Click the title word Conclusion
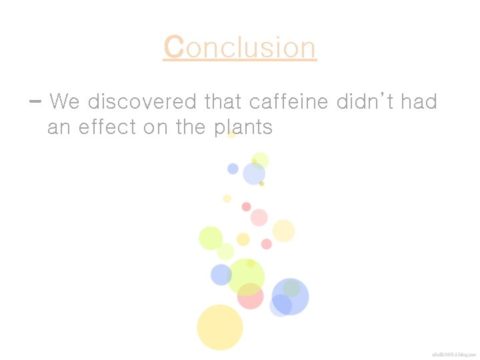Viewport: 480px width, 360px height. (x=240, y=48)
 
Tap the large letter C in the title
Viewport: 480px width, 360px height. (x=173, y=48)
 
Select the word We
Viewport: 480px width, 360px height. (x=65, y=102)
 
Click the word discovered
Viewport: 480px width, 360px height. (x=142, y=102)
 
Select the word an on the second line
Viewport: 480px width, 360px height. (x=59, y=127)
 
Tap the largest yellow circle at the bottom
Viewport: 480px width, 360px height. (x=219, y=327)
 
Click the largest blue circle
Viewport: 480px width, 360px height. (x=291, y=296)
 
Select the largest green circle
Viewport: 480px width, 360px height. (x=246, y=276)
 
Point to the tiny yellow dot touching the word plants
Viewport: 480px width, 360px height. (x=231, y=135)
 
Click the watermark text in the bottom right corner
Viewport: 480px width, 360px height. (x=453, y=354)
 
